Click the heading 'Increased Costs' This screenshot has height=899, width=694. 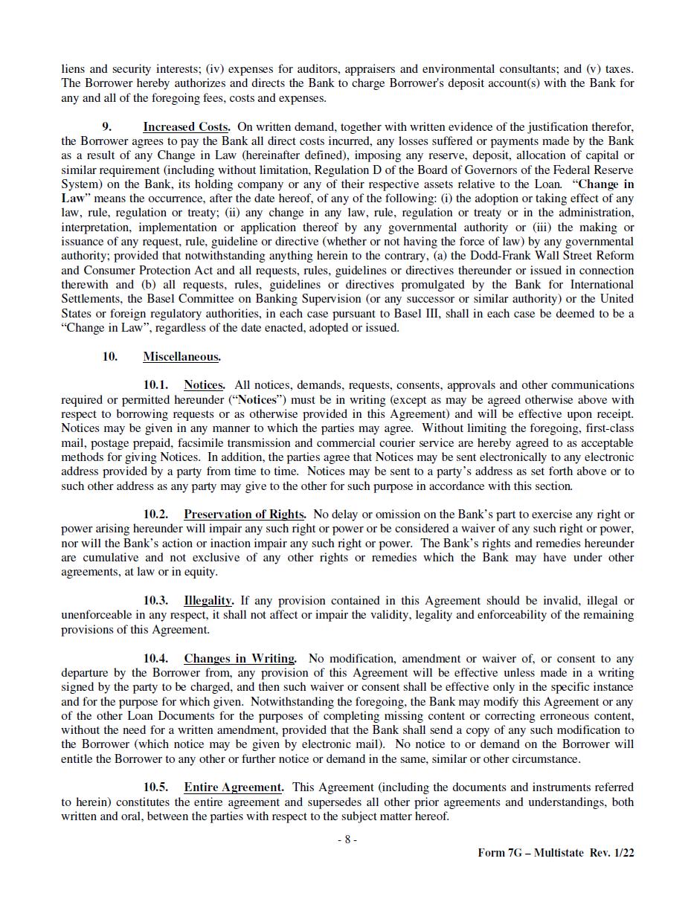point(186,127)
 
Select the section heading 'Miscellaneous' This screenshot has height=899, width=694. point(181,357)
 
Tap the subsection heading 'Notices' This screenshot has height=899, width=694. point(204,385)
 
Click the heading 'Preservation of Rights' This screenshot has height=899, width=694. point(245,515)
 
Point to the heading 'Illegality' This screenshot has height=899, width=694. point(208,601)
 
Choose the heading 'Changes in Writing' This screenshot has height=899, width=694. point(240,659)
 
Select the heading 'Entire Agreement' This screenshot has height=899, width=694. point(234,787)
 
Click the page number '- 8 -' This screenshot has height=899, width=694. point(347,840)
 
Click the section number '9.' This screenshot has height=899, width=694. point(107,127)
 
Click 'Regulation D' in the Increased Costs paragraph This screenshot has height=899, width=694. point(337,170)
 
